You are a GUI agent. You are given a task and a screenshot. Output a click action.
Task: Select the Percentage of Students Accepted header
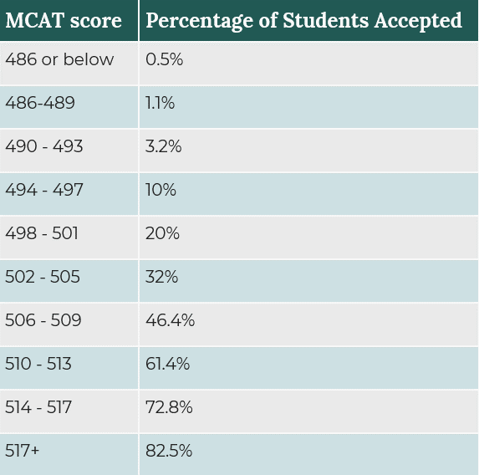pos(303,21)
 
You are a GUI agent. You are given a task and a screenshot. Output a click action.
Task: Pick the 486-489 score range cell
pos(40,103)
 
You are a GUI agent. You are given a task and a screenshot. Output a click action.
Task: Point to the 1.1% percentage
pos(160,103)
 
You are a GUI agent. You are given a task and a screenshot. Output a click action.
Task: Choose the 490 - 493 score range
pos(44,146)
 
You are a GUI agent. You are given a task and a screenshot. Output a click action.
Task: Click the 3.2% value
pos(164,146)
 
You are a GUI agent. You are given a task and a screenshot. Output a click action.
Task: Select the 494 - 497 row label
pos(44,190)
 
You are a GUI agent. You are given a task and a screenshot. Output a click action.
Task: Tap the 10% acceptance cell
pos(161,190)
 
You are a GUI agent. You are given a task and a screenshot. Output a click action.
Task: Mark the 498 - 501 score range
pos(42,233)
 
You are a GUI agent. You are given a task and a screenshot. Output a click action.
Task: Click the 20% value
pos(163,233)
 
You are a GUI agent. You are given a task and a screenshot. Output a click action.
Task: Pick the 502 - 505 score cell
pos(43,277)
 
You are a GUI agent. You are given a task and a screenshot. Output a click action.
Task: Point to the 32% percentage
pos(162,277)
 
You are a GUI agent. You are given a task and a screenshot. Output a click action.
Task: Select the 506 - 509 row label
pos(43,320)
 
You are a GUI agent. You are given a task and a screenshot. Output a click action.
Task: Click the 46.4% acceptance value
pos(170,320)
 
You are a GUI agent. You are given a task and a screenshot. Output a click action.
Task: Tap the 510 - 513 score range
pos(38,364)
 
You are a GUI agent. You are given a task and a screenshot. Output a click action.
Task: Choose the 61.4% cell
pos(168,364)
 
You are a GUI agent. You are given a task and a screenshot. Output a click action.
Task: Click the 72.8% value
pos(170,407)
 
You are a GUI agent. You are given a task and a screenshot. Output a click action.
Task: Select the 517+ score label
pos(23,451)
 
